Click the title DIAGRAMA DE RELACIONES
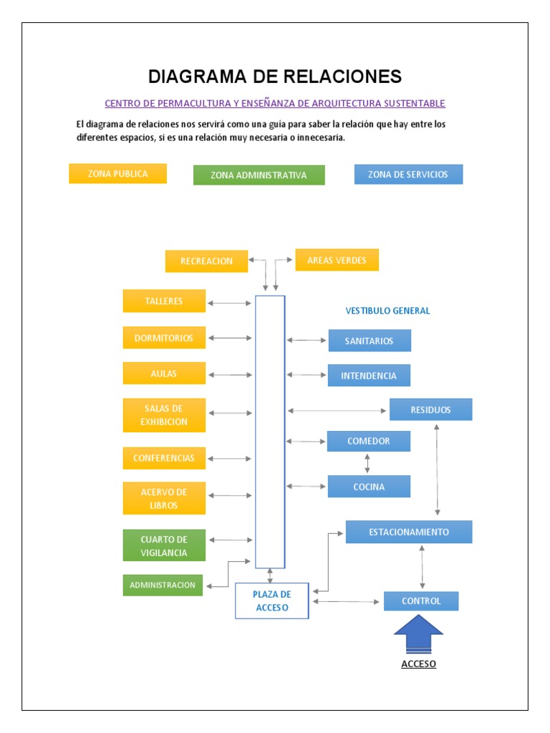coord(274,77)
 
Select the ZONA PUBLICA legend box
coord(117,174)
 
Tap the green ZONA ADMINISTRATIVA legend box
coord(259,175)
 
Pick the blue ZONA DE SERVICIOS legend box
coord(408,175)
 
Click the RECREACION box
coord(206,261)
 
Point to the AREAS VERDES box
coord(337,260)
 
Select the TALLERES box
coord(164,301)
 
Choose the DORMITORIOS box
coord(164,338)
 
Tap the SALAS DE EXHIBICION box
coord(164,415)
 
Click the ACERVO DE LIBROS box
coord(164,498)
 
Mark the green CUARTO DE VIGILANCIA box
coord(164,545)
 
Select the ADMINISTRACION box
coord(163,585)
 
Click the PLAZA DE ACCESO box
coord(272,601)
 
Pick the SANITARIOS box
coord(370,341)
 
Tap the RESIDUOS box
coord(430,409)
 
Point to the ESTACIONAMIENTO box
coord(409,532)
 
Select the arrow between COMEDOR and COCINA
coord(367,463)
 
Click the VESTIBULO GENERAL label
coord(387,311)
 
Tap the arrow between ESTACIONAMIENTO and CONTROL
coord(422,567)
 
